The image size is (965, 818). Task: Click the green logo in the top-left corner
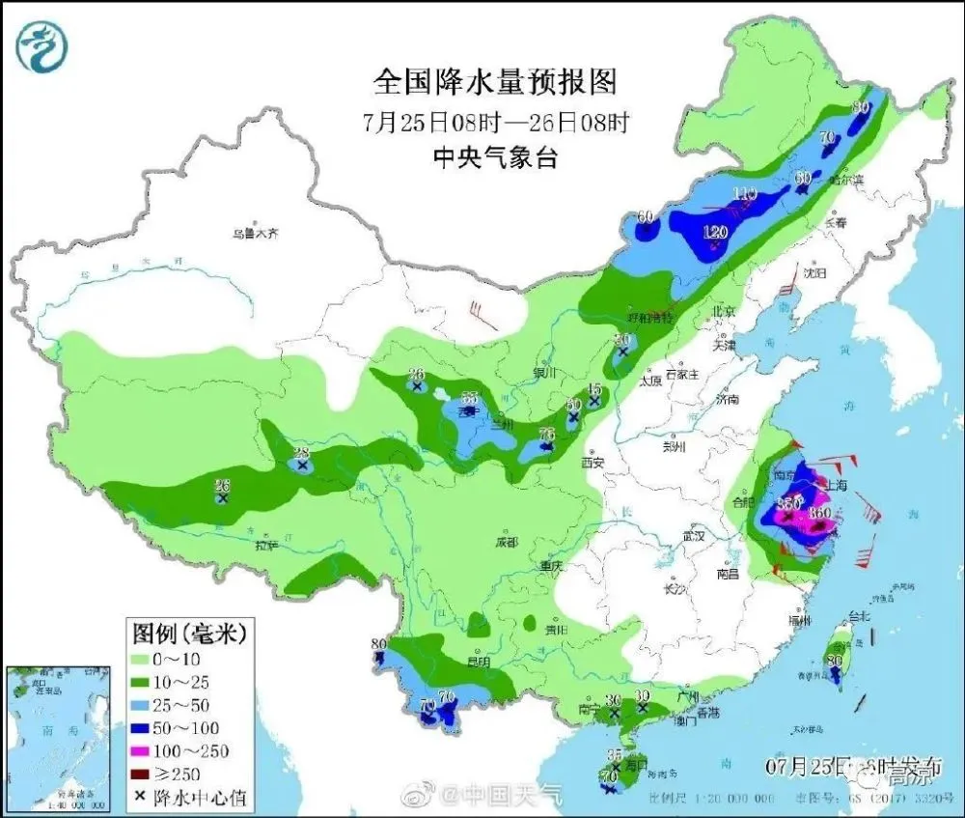pos(41,45)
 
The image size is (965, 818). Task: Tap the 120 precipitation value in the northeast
pos(714,233)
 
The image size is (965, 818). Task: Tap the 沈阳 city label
pos(815,273)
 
